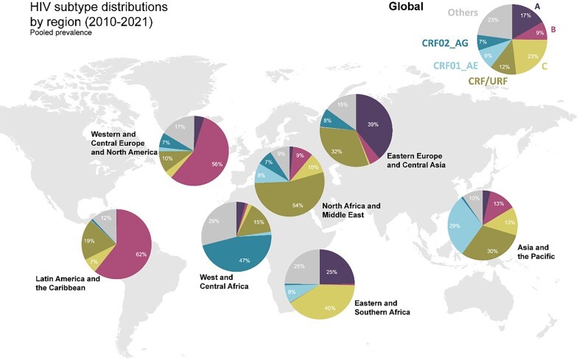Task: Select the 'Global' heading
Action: coord(406,7)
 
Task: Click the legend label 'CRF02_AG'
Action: coord(446,42)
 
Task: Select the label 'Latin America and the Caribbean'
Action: coord(68,283)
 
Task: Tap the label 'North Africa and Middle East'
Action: coord(351,210)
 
